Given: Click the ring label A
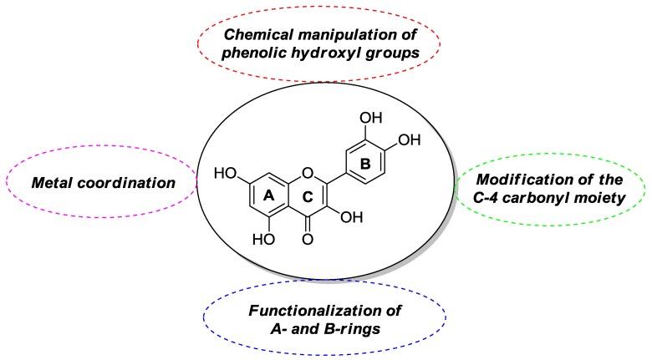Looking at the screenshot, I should pos(269,194).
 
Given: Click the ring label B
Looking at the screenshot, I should pos(365,165).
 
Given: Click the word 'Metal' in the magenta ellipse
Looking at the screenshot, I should pos(54,182).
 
